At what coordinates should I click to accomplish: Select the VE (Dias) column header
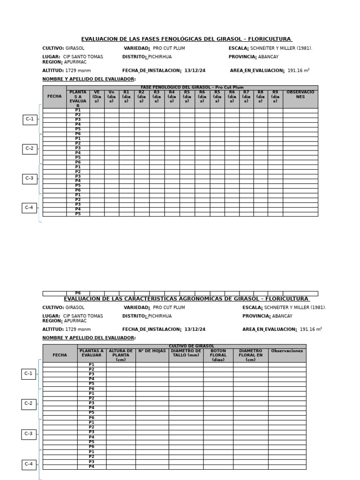pyautogui.click(x=97, y=97)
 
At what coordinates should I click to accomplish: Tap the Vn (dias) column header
pyautogui.click(x=112, y=97)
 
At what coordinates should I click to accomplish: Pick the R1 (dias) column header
pyautogui.click(x=127, y=97)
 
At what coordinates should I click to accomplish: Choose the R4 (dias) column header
pyautogui.click(x=172, y=97)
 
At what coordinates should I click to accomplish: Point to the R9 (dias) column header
pyautogui.click(x=275, y=97)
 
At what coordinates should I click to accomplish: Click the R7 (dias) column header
pyautogui.click(x=246, y=97)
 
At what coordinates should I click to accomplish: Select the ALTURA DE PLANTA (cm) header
pyautogui.click(x=120, y=355)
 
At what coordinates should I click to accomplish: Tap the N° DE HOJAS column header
pyautogui.click(x=152, y=351)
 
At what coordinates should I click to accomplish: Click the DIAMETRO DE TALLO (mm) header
pyautogui.click(x=186, y=353)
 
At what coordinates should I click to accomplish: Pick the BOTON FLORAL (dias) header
pyautogui.click(x=218, y=355)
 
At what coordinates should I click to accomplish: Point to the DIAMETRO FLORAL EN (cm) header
pyautogui.click(x=250, y=355)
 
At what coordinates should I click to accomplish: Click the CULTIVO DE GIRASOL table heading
pyautogui.click(x=191, y=346)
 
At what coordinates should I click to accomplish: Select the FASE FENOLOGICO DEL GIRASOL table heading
pyautogui.click(x=192, y=87)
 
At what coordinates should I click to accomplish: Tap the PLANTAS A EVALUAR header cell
pyautogui.click(x=91, y=353)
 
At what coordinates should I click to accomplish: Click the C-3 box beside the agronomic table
pyautogui.click(x=29, y=434)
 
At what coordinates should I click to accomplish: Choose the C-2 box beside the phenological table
pyautogui.click(x=30, y=149)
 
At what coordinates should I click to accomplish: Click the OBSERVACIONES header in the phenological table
pyautogui.click(x=300, y=95)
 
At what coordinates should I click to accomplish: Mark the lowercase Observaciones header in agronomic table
pyautogui.click(x=287, y=351)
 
